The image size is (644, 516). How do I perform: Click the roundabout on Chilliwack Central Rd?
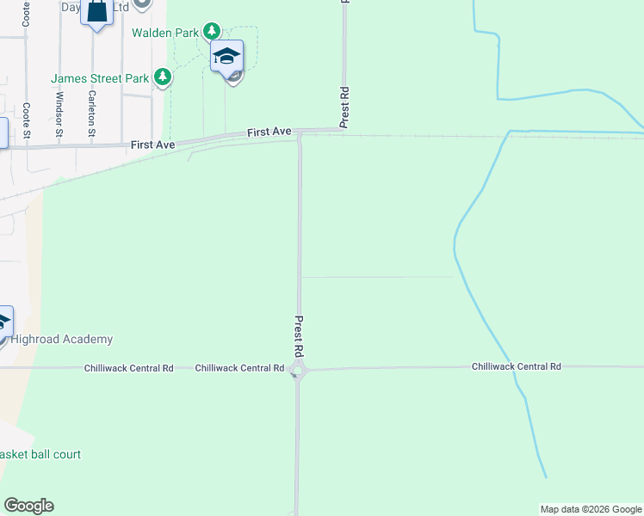click(298, 372)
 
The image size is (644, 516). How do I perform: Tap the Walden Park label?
click(165, 33)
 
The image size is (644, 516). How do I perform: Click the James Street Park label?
click(100, 78)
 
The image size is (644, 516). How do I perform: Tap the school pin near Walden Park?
click(226, 58)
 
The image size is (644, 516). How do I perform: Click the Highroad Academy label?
click(61, 340)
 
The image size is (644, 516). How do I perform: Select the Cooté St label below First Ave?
click(27, 121)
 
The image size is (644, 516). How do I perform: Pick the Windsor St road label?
click(59, 121)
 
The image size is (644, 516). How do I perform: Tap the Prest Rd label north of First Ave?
click(344, 107)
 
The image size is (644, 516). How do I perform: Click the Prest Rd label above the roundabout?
click(299, 336)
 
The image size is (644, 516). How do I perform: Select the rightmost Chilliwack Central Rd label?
click(516, 366)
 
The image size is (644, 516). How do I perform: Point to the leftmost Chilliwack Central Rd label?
click(128, 368)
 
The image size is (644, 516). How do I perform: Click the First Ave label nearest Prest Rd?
click(269, 132)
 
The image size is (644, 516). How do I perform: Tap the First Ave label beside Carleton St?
click(153, 145)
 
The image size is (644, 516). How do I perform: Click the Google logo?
click(28, 506)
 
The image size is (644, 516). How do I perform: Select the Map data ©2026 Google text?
click(590, 509)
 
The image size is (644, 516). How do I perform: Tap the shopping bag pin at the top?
click(97, 12)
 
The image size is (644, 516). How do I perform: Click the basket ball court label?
click(40, 454)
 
